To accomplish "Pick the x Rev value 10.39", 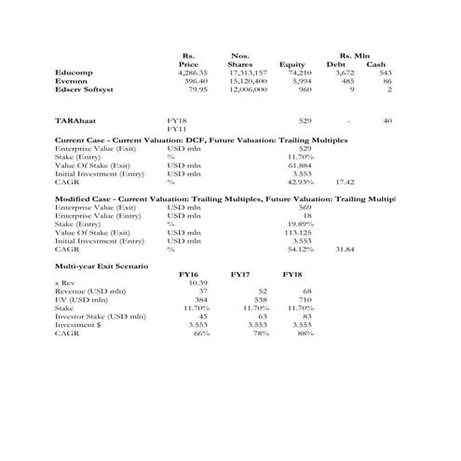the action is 197,282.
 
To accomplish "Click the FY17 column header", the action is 241,274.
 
